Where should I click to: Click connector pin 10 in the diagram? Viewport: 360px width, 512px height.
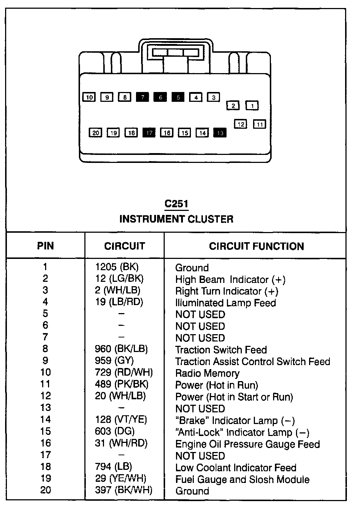point(89,97)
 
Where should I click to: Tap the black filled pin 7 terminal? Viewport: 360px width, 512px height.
point(143,97)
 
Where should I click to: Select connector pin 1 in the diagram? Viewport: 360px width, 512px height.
point(252,105)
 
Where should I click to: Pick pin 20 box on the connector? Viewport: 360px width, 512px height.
point(95,133)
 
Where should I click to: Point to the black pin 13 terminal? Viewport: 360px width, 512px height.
point(220,133)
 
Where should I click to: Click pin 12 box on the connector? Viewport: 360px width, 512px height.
point(241,124)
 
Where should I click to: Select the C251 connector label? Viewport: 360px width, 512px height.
point(176,204)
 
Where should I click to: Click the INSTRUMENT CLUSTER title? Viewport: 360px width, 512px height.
point(176,219)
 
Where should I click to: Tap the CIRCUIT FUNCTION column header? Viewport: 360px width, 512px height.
point(256,246)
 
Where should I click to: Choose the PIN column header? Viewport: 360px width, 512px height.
point(45,246)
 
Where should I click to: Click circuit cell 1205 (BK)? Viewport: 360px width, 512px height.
point(117,267)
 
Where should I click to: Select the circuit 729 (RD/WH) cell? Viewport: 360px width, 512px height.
point(124,372)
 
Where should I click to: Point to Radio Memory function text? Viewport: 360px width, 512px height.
point(207,373)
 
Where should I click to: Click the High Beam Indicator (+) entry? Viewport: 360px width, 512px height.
point(230,280)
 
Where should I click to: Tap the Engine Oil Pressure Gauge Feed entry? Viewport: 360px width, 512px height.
point(247,444)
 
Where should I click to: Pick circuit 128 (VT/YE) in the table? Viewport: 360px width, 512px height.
point(121,420)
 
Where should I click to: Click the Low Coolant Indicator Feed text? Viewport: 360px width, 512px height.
point(236,468)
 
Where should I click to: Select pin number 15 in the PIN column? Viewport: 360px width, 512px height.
point(45,431)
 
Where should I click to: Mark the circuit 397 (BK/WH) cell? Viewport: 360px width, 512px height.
point(123,490)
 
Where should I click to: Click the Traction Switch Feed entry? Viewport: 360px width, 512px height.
point(221,350)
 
